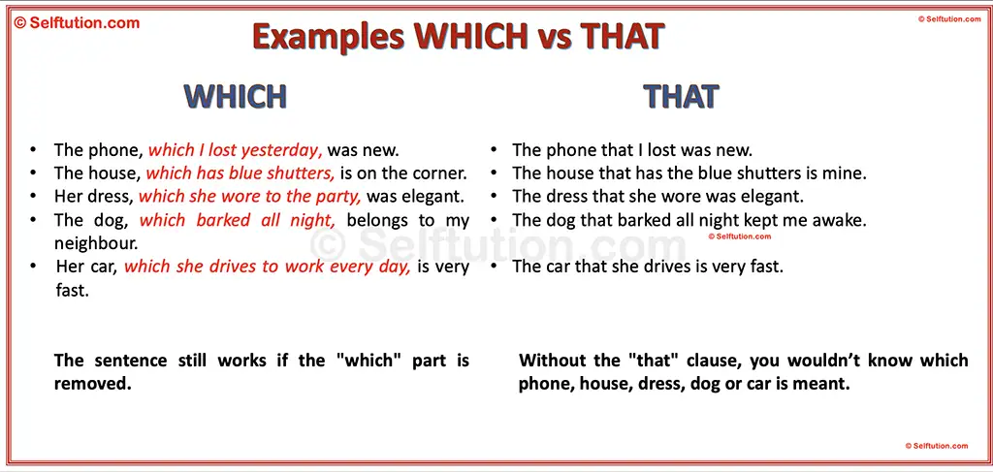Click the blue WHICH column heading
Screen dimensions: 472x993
[236, 96]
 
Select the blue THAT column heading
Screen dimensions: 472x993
[681, 96]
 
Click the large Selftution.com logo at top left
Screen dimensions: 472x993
[77, 22]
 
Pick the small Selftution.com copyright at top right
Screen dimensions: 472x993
[949, 19]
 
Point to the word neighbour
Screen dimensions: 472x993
[96, 243]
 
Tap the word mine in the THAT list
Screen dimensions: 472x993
[846, 173]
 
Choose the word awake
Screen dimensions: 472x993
[841, 220]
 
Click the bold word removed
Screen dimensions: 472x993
[92, 383]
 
